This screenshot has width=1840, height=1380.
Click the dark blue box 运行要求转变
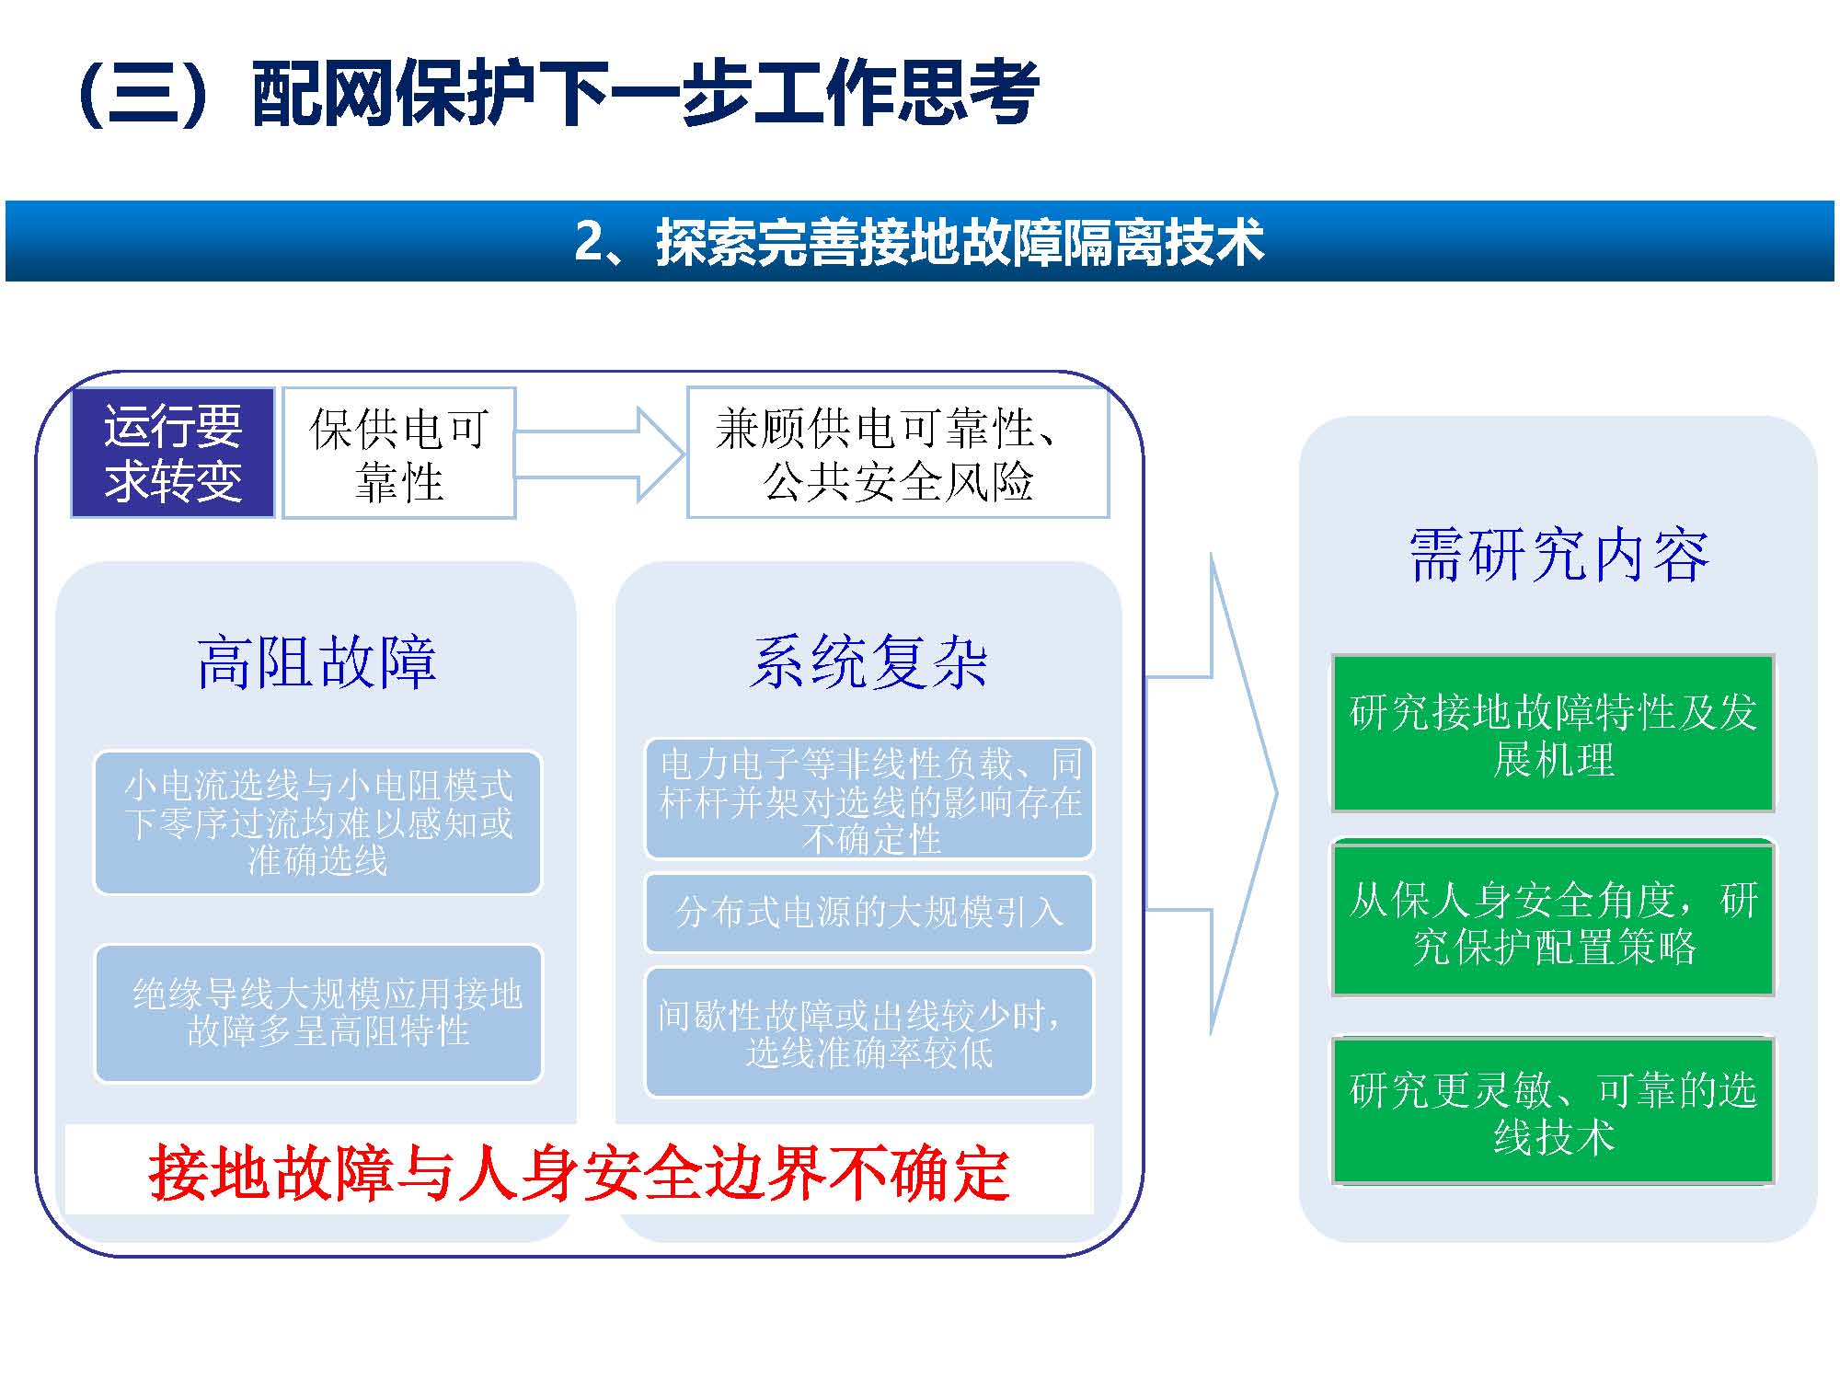173,453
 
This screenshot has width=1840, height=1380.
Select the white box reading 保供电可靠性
398,453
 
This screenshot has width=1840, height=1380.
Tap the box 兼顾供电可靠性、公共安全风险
897,453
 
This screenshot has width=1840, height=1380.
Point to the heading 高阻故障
316,661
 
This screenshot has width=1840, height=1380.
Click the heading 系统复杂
868,661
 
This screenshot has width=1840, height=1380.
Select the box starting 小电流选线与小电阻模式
318,822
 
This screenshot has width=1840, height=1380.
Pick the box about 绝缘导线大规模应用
319,1013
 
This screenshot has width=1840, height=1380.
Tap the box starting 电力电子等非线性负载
869,799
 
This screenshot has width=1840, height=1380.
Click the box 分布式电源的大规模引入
869,913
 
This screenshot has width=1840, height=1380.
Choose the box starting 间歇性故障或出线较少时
869,1033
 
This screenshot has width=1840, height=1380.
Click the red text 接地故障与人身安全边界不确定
580,1173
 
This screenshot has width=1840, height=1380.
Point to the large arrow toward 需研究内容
1224,793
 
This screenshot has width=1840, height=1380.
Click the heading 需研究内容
1558,556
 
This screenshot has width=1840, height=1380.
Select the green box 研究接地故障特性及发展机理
1553,734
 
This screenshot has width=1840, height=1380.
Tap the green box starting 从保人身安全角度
1553,922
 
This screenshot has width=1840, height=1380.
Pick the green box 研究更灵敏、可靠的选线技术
1553,1112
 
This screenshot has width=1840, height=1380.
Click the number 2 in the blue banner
590,242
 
